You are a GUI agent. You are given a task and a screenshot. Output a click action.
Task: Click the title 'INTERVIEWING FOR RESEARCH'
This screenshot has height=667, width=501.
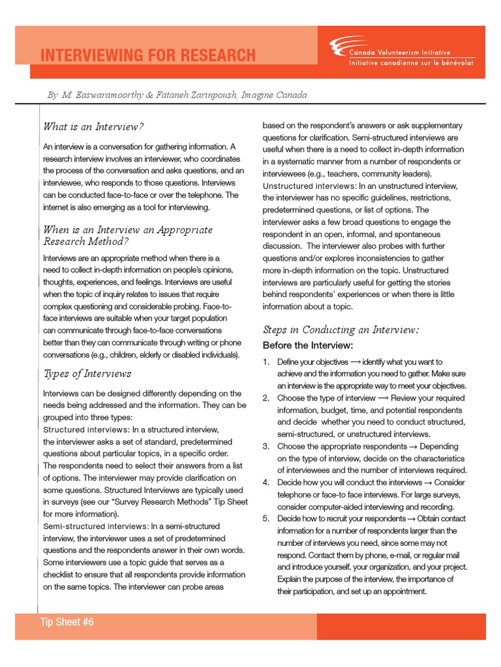click(148, 55)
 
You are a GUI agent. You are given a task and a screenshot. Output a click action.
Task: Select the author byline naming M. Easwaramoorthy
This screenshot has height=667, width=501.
click(176, 95)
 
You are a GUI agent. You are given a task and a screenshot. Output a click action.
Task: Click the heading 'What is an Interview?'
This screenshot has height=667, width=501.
click(93, 126)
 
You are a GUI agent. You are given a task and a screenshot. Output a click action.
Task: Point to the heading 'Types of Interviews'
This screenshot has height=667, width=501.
click(87, 373)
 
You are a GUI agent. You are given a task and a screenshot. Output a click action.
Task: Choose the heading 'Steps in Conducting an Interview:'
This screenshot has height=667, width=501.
click(341, 330)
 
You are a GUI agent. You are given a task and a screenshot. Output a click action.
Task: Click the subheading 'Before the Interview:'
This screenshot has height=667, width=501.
click(307, 345)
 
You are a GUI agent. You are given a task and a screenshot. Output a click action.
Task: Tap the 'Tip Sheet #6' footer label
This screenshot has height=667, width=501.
click(67, 622)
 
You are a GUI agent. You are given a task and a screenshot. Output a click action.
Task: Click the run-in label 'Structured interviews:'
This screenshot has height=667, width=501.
click(86, 430)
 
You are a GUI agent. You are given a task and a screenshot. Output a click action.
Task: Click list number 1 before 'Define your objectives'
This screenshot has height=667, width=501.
click(266, 362)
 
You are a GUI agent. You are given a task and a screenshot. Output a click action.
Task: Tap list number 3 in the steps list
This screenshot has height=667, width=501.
click(266, 446)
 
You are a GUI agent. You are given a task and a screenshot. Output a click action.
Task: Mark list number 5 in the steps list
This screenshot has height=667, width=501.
click(266, 519)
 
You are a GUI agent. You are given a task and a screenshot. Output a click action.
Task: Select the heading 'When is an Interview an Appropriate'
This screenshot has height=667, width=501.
click(127, 229)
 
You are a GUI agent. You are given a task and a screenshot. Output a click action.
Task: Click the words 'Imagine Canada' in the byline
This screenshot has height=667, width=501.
click(274, 95)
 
